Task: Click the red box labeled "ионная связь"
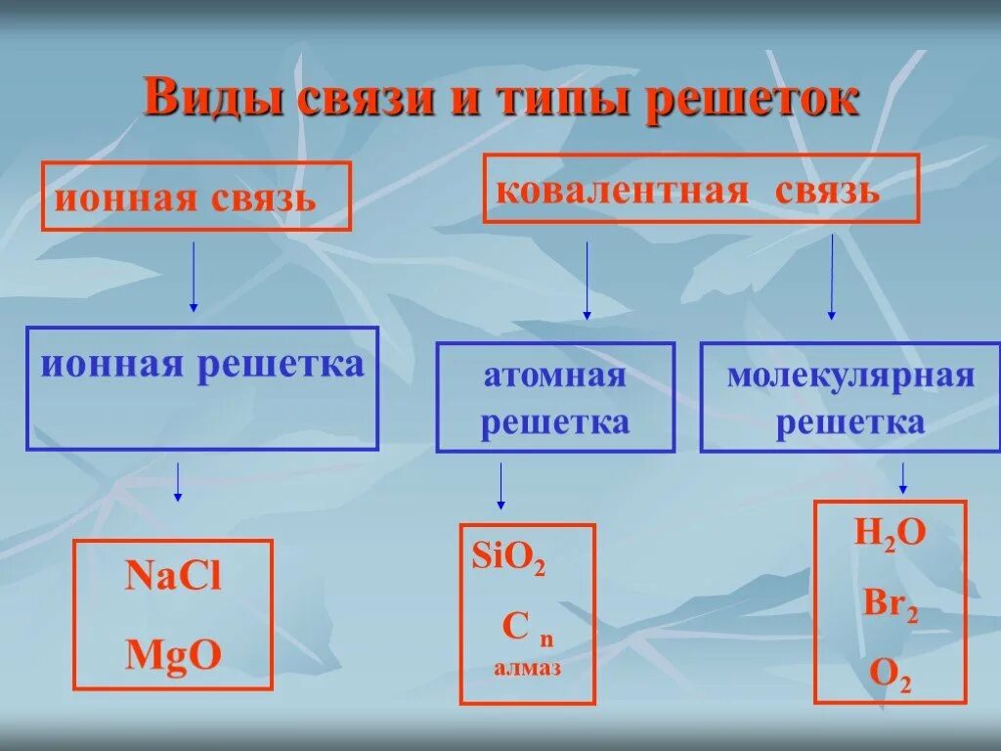[x=196, y=197]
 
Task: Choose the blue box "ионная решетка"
[x=202, y=388]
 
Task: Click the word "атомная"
[x=554, y=376]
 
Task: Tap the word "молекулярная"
[x=850, y=376]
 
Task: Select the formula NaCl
[x=173, y=577]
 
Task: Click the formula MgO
[x=173, y=655]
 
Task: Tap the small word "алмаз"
[x=527, y=669]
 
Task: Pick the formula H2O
[x=890, y=534]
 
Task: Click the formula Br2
[x=890, y=603]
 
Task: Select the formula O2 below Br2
[x=890, y=675]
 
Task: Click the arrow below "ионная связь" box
[x=193, y=276]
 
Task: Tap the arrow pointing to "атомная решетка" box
[x=587, y=281]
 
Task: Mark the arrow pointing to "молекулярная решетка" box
[x=832, y=277]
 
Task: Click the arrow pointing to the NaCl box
[x=177, y=482]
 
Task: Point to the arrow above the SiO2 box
[x=500, y=485]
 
